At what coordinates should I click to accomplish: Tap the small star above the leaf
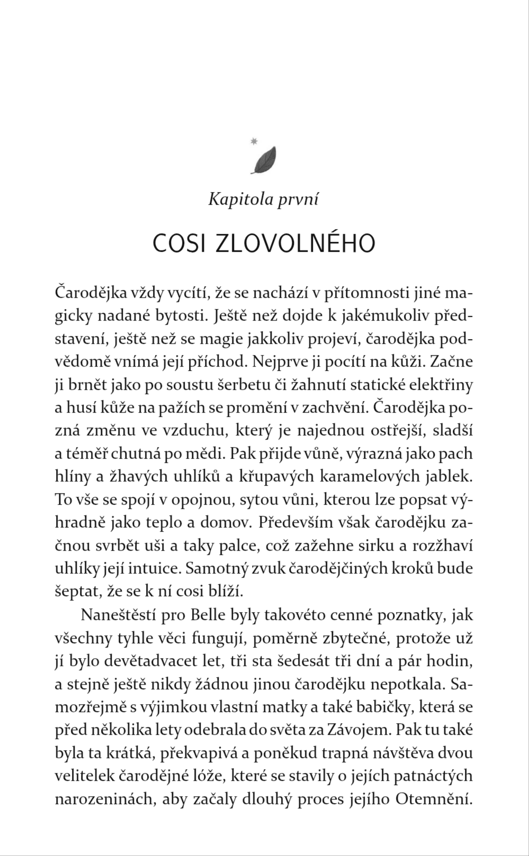coord(254,141)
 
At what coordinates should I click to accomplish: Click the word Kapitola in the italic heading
coord(237,200)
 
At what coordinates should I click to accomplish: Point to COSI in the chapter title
coord(177,243)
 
